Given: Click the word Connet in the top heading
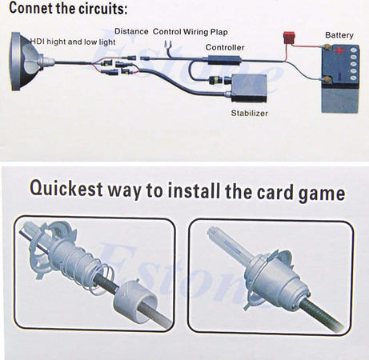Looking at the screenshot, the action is click(30, 8).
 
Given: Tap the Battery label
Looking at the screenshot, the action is click(339, 35).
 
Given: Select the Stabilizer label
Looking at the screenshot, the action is click(250, 113).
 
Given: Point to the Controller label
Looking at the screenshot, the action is click(225, 47).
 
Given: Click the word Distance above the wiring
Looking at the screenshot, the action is click(131, 31).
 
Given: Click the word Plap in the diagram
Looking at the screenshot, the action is click(219, 32).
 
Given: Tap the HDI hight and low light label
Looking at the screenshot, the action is click(73, 42).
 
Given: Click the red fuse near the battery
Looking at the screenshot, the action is click(289, 36).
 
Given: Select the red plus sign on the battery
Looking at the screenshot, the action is click(339, 50).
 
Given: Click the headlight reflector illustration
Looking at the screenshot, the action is click(26, 62).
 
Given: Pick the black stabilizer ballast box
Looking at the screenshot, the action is click(249, 89).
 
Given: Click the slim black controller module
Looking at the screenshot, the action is click(225, 60).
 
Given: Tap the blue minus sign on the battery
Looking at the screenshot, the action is click(339, 77).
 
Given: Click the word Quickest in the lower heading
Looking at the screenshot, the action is click(66, 189).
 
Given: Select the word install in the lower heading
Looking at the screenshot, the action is click(194, 190).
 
